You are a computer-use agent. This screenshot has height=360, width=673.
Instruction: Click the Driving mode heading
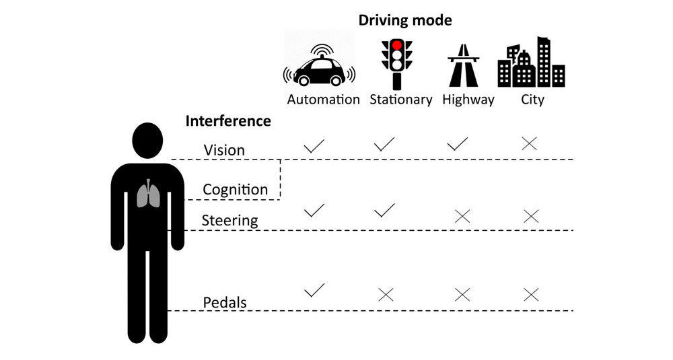(404, 20)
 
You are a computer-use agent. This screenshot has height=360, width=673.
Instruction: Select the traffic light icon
(397, 63)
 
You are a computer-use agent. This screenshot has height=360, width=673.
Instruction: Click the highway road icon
(463, 65)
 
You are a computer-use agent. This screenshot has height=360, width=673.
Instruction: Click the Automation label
(324, 100)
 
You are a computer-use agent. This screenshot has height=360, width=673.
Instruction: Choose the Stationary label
(401, 100)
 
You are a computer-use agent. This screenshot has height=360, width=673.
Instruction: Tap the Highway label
(468, 100)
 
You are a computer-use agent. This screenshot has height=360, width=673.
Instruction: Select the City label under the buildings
(532, 100)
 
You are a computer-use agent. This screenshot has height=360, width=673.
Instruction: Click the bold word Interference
(228, 121)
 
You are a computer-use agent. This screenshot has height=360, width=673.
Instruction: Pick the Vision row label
(224, 150)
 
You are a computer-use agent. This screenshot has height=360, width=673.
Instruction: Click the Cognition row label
(235, 190)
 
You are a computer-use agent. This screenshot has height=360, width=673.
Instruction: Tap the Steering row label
(230, 220)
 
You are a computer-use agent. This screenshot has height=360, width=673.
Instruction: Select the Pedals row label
(225, 303)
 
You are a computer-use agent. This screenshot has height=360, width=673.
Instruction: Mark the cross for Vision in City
(530, 143)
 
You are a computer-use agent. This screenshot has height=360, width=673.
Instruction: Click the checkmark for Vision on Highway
(458, 143)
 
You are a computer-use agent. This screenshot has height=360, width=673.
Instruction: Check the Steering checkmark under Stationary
(384, 211)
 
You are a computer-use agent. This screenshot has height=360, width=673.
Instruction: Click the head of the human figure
(147, 140)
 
